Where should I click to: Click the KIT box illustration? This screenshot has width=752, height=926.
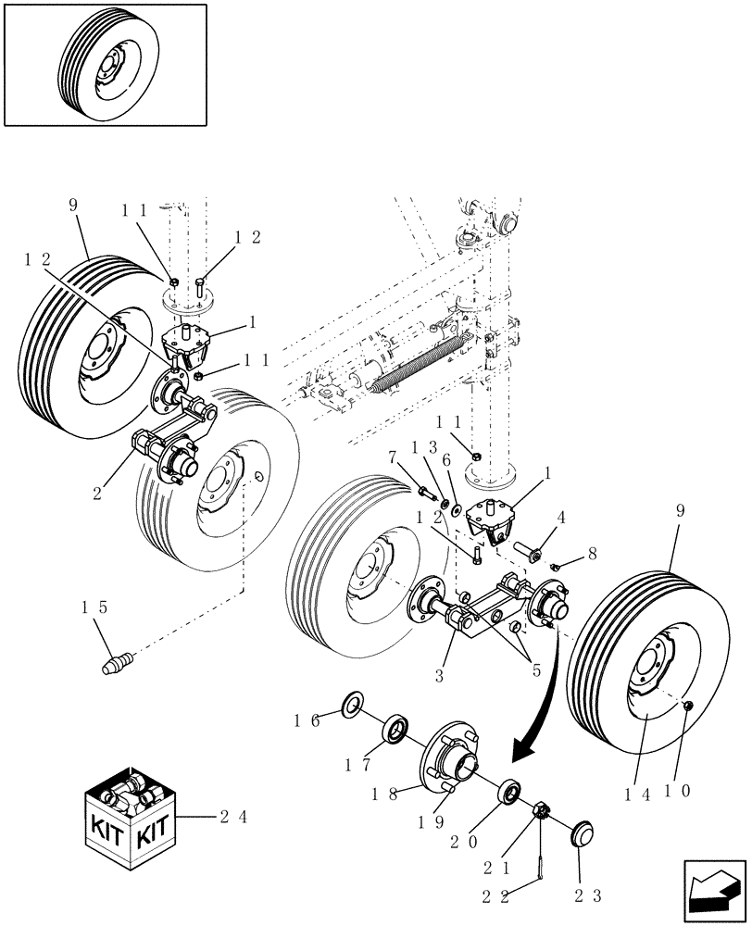point(131,815)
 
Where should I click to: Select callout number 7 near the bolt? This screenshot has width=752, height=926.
point(392,457)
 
